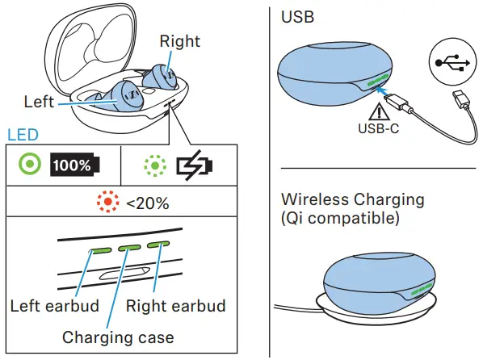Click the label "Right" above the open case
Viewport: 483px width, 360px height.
(179, 40)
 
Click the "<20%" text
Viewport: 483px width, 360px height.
(147, 203)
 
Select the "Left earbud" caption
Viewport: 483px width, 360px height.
(53, 306)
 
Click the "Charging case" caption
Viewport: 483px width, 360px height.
(118, 336)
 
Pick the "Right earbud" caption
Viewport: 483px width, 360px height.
(176, 306)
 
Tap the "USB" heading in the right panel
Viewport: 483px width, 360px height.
(296, 16)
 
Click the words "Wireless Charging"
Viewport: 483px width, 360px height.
(352, 199)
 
